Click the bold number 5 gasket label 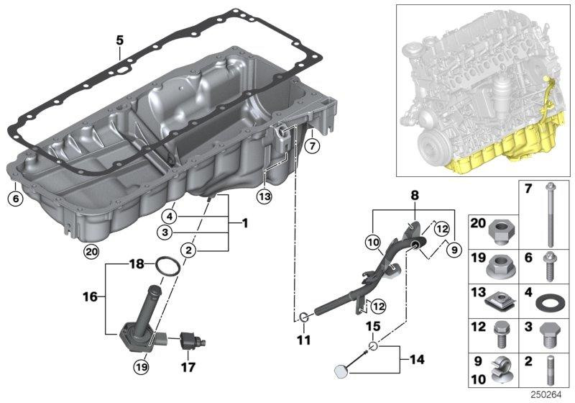pyautogui.click(x=120, y=40)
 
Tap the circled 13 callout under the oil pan pyautogui.click(x=264, y=196)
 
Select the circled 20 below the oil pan pyautogui.click(x=91, y=251)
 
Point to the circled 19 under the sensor pyautogui.click(x=142, y=366)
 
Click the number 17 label pyautogui.click(x=188, y=367)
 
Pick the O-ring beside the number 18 pyautogui.click(x=168, y=266)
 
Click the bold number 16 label pyautogui.click(x=91, y=296)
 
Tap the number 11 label pyautogui.click(x=303, y=340)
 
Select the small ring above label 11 pyautogui.click(x=304, y=317)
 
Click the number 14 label pyautogui.click(x=418, y=359)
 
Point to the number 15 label pyautogui.click(x=373, y=326)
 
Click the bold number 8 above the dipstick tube pyautogui.click(x=415, y=195)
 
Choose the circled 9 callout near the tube pyautogui.click(x=454, y=250)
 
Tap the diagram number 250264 pyautogui.click(x=546, y=395)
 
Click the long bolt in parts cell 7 pyautogui.click(x=550, y=214)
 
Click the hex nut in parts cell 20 pyautogui.click(x=502, y=232)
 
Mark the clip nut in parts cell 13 pyautogui.click(x=501, y=302)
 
